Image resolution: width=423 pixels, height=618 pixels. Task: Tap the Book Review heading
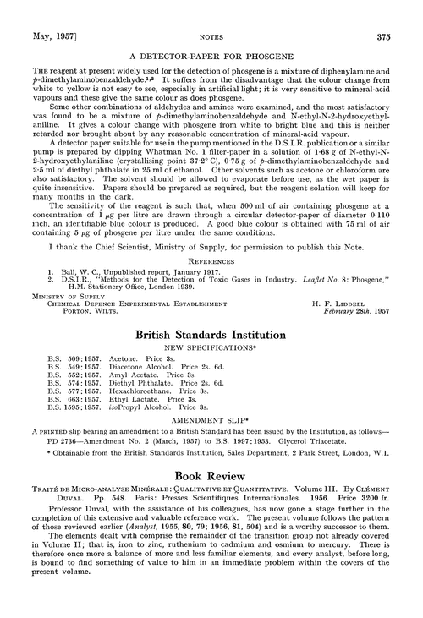pos(211,479)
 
